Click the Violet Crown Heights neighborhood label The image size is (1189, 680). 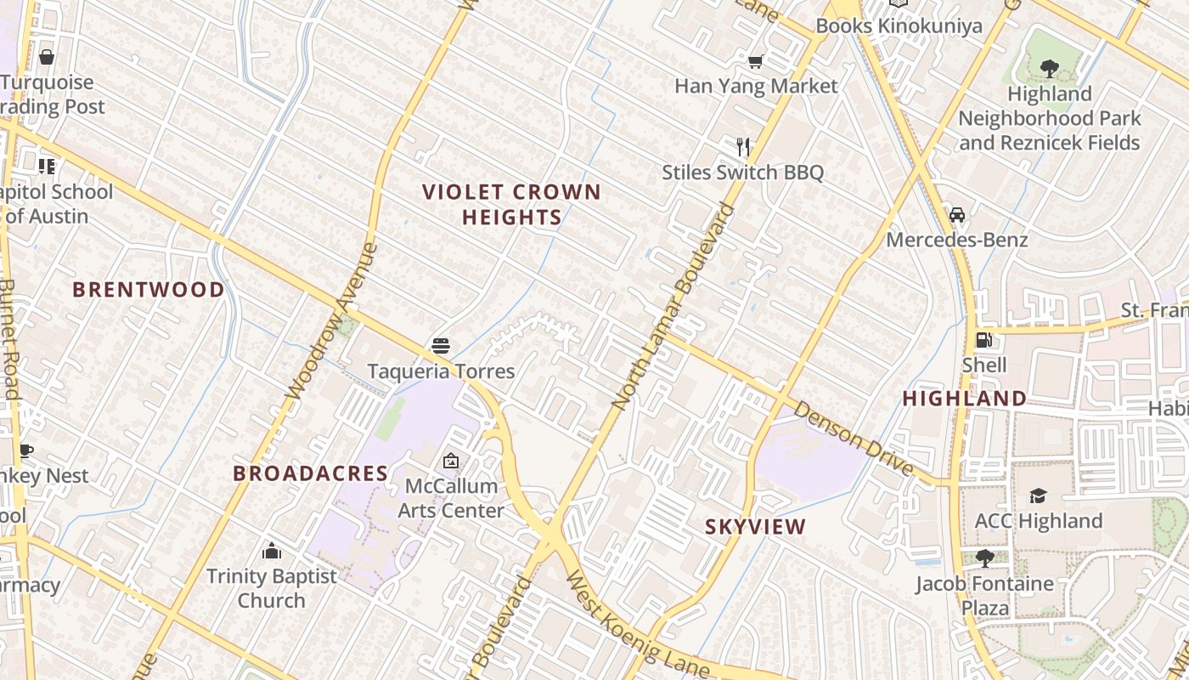click(511, 205)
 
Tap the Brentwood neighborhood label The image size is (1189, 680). click(149, 290)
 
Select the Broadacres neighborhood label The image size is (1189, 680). click(311, 473)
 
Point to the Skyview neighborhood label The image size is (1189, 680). click(756, 527)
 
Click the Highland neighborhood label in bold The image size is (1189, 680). click(964, 399)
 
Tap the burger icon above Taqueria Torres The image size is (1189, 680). click(440, 346)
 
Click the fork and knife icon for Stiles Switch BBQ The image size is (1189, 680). click(743, 146)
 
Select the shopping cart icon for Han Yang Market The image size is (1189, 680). click(755, 61)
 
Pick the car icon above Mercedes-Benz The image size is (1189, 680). click(957, 214)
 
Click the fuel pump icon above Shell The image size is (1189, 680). click(983, 340)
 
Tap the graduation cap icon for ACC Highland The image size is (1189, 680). click(1038, 496)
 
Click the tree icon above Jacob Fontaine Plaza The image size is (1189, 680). click(984, 558)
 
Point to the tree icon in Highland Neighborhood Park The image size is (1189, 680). click(1049, 68)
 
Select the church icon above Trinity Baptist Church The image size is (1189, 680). click(272, 551)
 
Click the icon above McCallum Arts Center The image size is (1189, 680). click(451, 461)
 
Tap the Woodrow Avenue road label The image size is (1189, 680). click(331, 322)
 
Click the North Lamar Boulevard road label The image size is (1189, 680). click(673, 306)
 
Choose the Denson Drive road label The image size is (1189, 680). click(854, 439)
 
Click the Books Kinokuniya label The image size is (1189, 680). click(899, 25)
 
